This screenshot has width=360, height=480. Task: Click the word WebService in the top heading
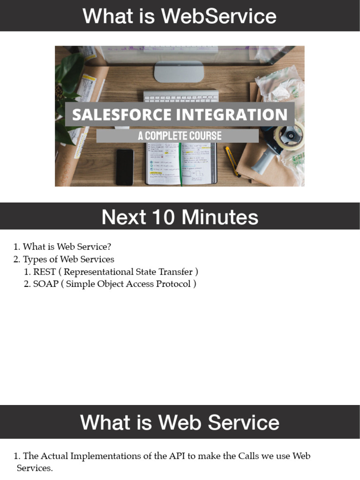[218, 16]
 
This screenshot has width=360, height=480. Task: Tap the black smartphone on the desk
[125, 167]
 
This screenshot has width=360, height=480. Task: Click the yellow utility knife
[232, 161]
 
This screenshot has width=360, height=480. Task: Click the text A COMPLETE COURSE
[180, 136]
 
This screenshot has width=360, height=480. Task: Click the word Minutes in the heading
[220, 217]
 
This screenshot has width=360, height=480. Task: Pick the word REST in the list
[45, 272]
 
